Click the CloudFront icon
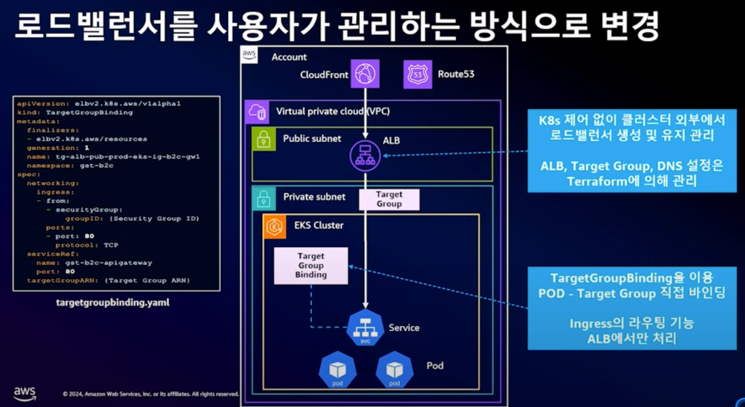[x=366, y=74]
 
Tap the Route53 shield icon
[x=417, y=74]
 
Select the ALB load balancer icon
[x=366, y=156]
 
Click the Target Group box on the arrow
[x=389, y=199]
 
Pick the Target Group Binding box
[x=311, y=266]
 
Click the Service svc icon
[x=366, y=328]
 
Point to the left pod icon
[x=337, y=370]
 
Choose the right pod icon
[x=394, y=370]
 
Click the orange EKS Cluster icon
[x=275, y=226]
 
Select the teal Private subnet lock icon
[x=263, y=198]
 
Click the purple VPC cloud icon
[x=257, y=112]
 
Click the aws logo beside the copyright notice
[x=25, y=393]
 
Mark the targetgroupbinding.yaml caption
[x=113, y=303]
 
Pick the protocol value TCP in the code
[x=110, y=245]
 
